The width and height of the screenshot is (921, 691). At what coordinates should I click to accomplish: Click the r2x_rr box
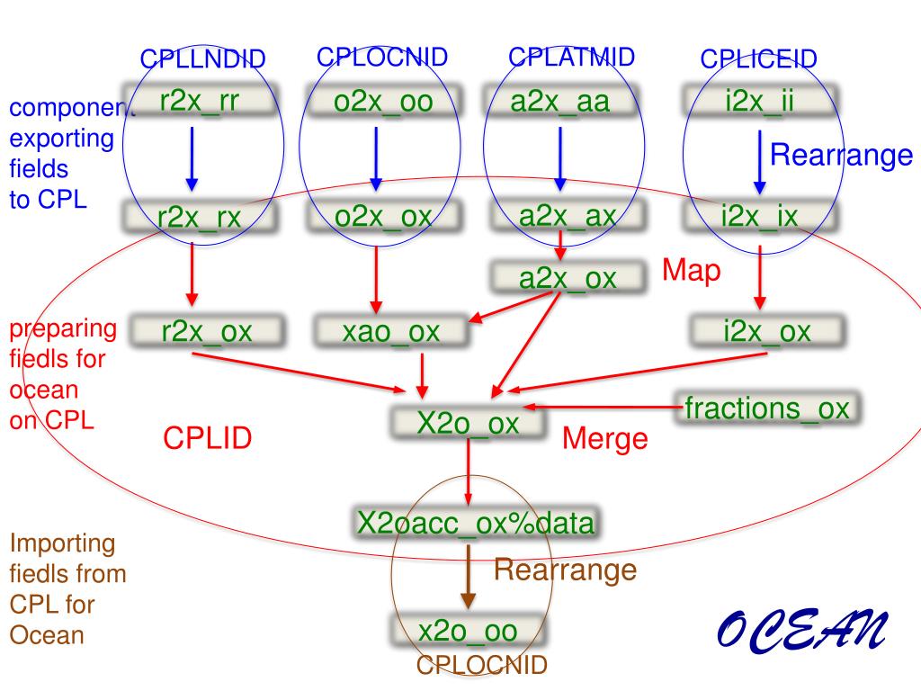point(200,101)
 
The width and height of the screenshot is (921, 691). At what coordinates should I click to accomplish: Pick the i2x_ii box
point(759,102)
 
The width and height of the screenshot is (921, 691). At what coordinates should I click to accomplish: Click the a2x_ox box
point(568,278)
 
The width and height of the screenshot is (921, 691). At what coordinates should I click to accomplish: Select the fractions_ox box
point(766,408)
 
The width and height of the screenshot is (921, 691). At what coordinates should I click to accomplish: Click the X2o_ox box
point(468,422)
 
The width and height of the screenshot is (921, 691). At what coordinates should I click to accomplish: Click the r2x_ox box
point(206,331)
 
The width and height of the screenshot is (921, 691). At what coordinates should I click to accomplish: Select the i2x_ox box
point(766,331)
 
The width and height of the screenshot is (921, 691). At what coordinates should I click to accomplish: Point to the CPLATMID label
point(571,57)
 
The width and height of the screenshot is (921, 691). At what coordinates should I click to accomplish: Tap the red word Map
point(692,271)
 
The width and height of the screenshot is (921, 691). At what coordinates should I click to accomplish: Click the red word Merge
point(604,439)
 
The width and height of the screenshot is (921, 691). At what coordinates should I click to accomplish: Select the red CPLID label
point(207,438)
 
